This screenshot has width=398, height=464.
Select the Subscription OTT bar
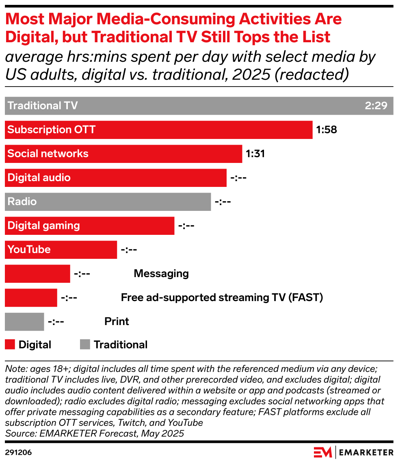pos(158,130)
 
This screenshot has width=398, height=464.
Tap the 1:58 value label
pos(327,130)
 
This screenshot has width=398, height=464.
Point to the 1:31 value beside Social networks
pos(255,154)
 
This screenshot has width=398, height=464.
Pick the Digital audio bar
pos(115,178)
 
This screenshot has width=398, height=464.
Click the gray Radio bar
pos(108,202)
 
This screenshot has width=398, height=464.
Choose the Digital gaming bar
pos(89,226)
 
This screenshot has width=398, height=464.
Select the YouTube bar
pos(61,249)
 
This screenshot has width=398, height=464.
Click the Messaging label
pos(161,273)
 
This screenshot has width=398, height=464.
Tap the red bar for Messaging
pos(37,273)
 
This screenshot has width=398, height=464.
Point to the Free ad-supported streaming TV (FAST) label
pos(222,297)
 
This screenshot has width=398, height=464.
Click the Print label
pos(117,321)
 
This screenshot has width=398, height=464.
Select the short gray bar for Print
pos(24,321)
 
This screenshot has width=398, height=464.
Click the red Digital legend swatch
pos(10,345)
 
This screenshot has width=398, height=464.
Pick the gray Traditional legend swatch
pos(85,345)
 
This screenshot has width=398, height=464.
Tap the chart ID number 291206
pos(18,452)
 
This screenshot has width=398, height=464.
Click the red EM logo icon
pos(323,452)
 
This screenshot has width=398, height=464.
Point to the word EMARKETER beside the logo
pos(367,452)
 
